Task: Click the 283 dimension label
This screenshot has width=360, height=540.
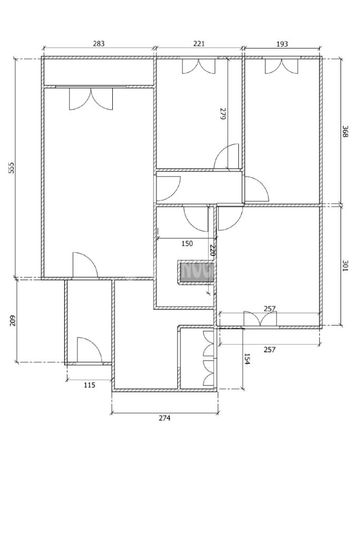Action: coord(99,44)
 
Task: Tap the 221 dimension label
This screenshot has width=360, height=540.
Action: coord(199,44)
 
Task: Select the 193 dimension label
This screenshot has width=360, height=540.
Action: coord(282,44)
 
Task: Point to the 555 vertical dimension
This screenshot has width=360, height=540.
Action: coord(12,168)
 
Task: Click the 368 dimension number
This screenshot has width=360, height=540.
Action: coord(345,131)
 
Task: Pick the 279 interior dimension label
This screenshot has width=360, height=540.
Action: coord(223,114)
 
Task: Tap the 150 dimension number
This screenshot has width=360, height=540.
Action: coord(187,244)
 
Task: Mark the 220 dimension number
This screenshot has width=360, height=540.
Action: coord(213,250)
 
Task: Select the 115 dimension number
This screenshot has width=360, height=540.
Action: coord(90,385)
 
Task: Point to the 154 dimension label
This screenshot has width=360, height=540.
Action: coord(247,359)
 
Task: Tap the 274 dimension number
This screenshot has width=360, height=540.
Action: coord(164,418)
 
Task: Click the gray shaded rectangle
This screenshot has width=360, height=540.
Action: coord(197,273)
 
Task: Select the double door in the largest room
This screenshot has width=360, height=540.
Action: coord(91,99)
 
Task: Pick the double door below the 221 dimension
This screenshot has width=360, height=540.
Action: coord(199,66)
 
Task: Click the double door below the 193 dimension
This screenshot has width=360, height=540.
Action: coord(281,66)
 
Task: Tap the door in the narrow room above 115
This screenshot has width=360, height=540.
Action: coord(89,350)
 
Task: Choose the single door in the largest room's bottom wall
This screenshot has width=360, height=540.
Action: coord(85,265)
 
